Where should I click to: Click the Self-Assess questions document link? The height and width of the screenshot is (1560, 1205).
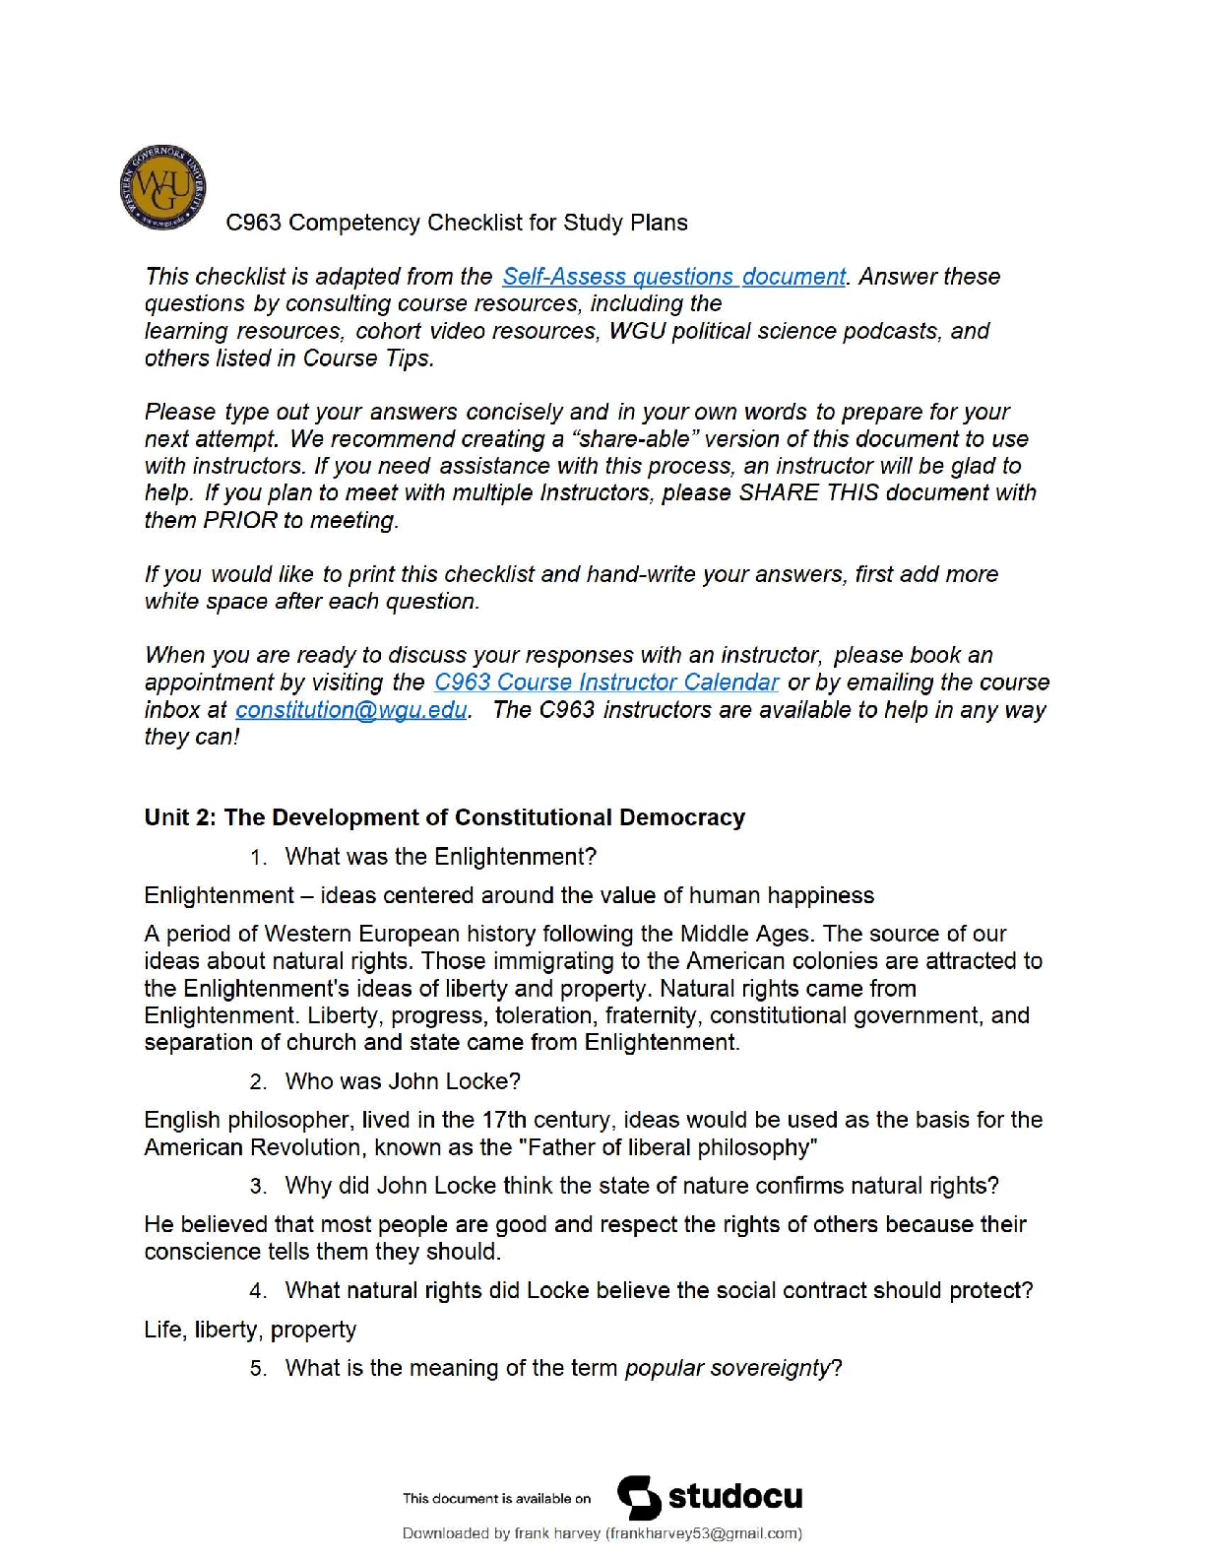coord(673,277)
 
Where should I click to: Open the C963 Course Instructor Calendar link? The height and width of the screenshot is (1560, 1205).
coord(606,682)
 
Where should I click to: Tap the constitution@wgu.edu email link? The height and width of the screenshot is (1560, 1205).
coord(351,710)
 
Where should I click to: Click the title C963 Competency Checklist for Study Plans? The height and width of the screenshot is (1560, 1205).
coord(456,223)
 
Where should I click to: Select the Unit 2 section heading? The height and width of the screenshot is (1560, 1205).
coord(444,817)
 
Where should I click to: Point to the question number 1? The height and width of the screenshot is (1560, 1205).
coord(258,858)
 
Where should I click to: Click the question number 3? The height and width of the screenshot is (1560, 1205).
coord(258,1187)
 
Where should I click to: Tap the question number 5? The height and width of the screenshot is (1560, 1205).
coord(258,1369)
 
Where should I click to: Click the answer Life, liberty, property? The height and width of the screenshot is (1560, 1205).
coord(250,1330)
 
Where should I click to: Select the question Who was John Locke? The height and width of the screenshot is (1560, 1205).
coord(403,1081)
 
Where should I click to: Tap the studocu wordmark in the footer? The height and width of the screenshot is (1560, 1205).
coord(735,1497)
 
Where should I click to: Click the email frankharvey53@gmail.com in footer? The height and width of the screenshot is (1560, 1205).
coord(703,1533)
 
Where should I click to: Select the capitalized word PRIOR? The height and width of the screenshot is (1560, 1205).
coord(240,520)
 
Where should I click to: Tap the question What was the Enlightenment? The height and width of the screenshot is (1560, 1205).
coord(440,857)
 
